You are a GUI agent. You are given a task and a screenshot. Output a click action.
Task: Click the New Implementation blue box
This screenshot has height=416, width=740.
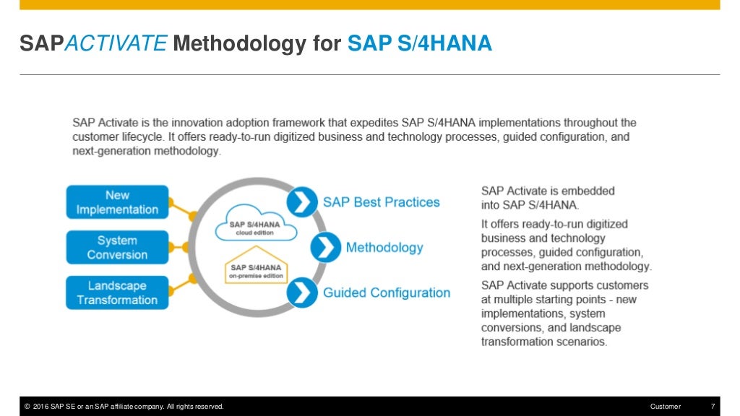[x=117, y=202]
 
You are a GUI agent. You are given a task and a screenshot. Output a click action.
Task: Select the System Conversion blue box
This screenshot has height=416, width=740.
[x=117, y=247]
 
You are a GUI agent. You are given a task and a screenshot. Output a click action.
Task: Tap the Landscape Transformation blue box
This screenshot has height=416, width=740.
[x=117, y=292]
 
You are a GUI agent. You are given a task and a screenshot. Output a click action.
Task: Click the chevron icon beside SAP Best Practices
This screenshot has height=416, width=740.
[x=302, y=201]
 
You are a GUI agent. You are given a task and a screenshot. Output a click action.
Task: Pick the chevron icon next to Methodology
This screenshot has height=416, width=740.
[x=326, y=248]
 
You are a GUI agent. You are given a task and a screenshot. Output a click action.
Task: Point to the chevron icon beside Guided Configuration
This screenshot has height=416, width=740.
[x=302, y=292]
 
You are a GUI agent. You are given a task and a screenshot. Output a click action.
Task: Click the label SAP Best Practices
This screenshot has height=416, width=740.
[x=381, y=202]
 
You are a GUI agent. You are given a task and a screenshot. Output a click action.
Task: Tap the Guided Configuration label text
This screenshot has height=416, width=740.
[x=387, y=292]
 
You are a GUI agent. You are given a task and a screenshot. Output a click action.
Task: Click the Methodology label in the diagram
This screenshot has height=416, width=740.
[x=384, y=248]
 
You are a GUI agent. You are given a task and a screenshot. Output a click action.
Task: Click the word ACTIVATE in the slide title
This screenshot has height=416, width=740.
[x=116, y=45]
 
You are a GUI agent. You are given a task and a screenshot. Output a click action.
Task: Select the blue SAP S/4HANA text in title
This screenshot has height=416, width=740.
[x=420, y=45]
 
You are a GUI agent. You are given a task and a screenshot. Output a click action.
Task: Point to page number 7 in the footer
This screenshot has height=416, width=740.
[x=713, y=407]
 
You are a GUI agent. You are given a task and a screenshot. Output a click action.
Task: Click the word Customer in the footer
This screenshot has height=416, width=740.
[x=665, y=407]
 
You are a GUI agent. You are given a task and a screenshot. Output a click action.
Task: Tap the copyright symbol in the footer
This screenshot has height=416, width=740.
[x=27, y=407]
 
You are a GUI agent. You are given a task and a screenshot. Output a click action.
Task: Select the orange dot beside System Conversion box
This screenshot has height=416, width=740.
[x=185, y=247]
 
